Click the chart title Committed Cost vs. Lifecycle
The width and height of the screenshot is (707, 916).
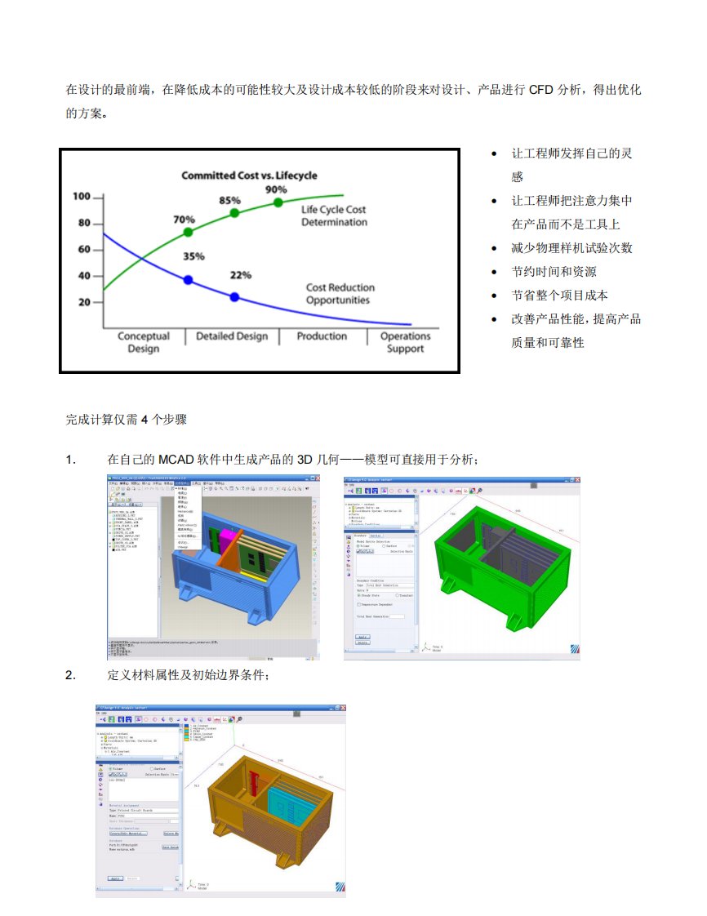(249, 176)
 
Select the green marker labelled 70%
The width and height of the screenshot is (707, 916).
(189, 232)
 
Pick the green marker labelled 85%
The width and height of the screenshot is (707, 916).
(235, 212)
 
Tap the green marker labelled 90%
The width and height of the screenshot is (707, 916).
(278, 202)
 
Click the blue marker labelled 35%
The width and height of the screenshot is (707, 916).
(189, 280)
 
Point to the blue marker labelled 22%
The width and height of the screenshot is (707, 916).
(235, 297)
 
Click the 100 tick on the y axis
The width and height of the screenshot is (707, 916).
(81, 197)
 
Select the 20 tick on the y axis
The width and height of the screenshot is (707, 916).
(84, 303)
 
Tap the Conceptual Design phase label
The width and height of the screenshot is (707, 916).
(144, 342)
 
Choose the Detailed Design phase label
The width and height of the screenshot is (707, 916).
(232, 336)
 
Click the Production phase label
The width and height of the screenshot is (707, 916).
(322, 336)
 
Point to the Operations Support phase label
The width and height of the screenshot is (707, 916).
(405, 342)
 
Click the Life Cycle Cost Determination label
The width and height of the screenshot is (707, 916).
(334, 216)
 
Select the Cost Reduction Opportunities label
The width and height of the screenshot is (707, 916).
(340, 293)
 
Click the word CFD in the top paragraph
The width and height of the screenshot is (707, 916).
(540, 89)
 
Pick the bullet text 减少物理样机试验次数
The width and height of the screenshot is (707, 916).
(571, 248)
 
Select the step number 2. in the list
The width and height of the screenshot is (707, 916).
(70, 675)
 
